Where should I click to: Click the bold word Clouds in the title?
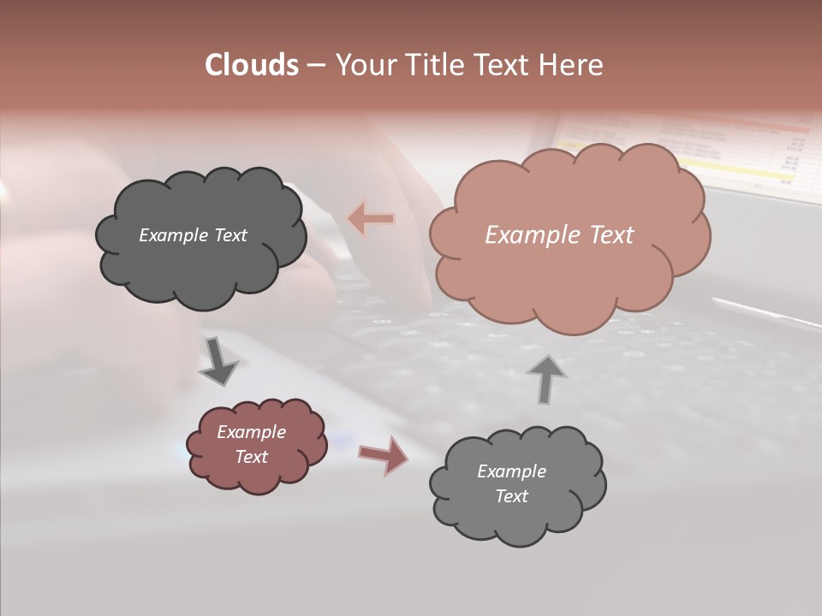(x=252, y=65)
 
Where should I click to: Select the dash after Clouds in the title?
(x=315, y=66)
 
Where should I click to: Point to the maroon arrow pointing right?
(x=383, y=454)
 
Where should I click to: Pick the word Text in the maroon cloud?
(x=251, y=457)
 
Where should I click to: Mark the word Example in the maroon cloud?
(x=251, y=432)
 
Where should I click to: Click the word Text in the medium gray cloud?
(x=511, y=496)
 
